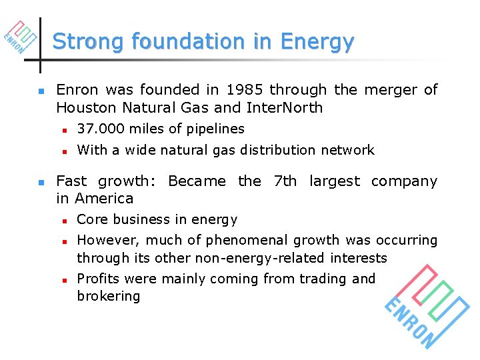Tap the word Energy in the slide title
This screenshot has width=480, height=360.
pyautogui.click(x=317, y=42)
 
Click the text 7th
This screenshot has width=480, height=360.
pyautogui.click(x=285, y=181)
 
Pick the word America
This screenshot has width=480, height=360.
pyautogui.click(x=104, y=199)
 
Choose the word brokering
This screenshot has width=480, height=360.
pyautogui.click(x=109, y=297)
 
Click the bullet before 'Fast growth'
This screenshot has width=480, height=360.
pyautogui.click(x=41, y=182)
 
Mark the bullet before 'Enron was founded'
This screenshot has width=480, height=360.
pyautogui.click(x=41, y=91)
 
